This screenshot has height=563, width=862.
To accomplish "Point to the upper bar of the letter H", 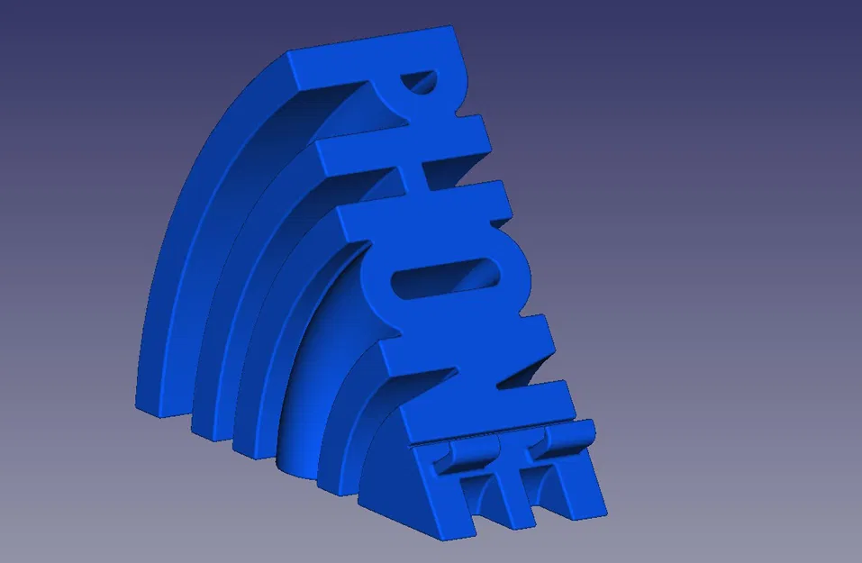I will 405,144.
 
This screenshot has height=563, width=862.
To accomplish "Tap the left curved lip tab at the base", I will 472,446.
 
